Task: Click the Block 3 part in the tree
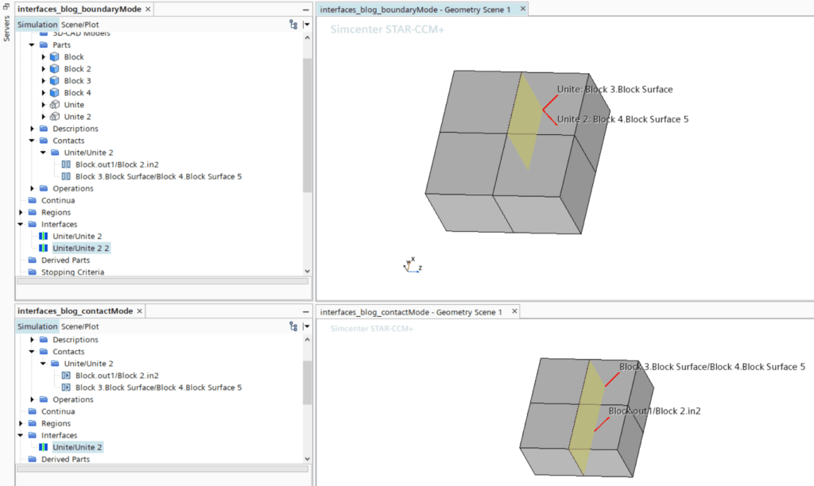tap(77, 81)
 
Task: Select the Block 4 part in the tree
tap(77, 93)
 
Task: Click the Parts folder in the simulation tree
tap(61, 45)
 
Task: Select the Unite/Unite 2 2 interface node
tap(81, 249)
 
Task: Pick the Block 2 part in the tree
tap(77, 69)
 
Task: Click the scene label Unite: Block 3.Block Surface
tap(614, 90)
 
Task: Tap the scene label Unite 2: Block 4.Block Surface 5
tap(622, 119)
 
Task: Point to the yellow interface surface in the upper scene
tap(524, 119)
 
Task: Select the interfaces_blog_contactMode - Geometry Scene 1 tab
tap(410, 312)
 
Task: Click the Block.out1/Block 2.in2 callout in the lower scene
tap(654, 411)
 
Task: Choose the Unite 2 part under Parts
tap(77, 117)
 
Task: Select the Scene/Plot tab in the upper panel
tap(80, 25)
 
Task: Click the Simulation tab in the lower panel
tap(37, 326)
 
